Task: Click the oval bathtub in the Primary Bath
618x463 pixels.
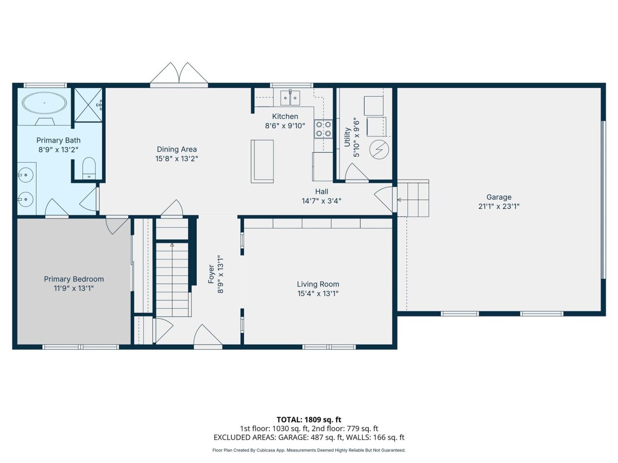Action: [44, 103]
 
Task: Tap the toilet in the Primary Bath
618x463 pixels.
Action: [89, 168]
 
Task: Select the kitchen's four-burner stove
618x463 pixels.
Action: [323, 129]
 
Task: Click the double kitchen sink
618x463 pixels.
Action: [290, 98]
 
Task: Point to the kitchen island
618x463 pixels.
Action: [262, 162]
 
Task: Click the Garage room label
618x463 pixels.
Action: [499, 197]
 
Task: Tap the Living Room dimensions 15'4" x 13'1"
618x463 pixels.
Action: [318, 293]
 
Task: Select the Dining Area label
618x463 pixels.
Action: [177, 149]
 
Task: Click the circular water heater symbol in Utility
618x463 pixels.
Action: [379, 150]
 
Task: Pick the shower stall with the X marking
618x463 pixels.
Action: [88, 105]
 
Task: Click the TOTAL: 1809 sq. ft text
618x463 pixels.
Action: [309, 420]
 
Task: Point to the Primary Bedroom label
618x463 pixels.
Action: [74, 279]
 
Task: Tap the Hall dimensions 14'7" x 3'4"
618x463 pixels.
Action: [321, 201]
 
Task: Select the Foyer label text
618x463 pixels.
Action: [211, 274]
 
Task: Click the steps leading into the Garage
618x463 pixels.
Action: [413, 198]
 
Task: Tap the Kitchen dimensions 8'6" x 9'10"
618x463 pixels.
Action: [285, 126]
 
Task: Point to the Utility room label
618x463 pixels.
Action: [347, 137]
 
